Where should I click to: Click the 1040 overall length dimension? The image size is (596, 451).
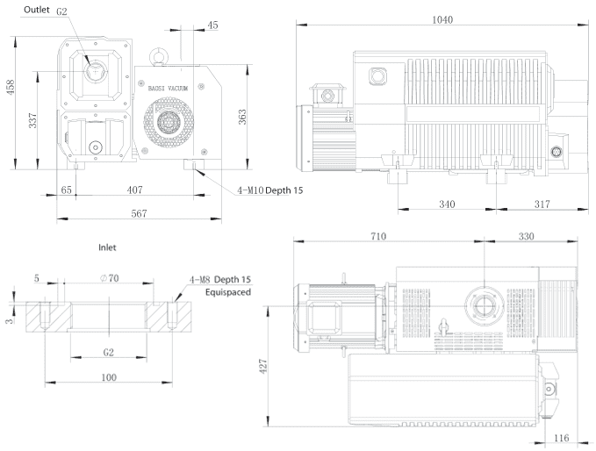(x=442, y=20)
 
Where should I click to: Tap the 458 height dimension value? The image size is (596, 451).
(x=11, y=87)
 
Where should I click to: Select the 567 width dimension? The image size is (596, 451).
(x=139, y=213)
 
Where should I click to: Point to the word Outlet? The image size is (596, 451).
(x=37, y=10)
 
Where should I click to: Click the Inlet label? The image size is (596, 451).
(x=107, y=247)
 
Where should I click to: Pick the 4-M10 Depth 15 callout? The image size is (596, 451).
(x=270, y=190)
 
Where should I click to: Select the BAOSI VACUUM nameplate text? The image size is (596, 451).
(x=168, y=88)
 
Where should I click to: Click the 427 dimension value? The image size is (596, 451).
(x=263, y=366)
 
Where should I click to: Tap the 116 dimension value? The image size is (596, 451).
(x=562, y=438)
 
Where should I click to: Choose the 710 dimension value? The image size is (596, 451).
(x=378, y=236)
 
